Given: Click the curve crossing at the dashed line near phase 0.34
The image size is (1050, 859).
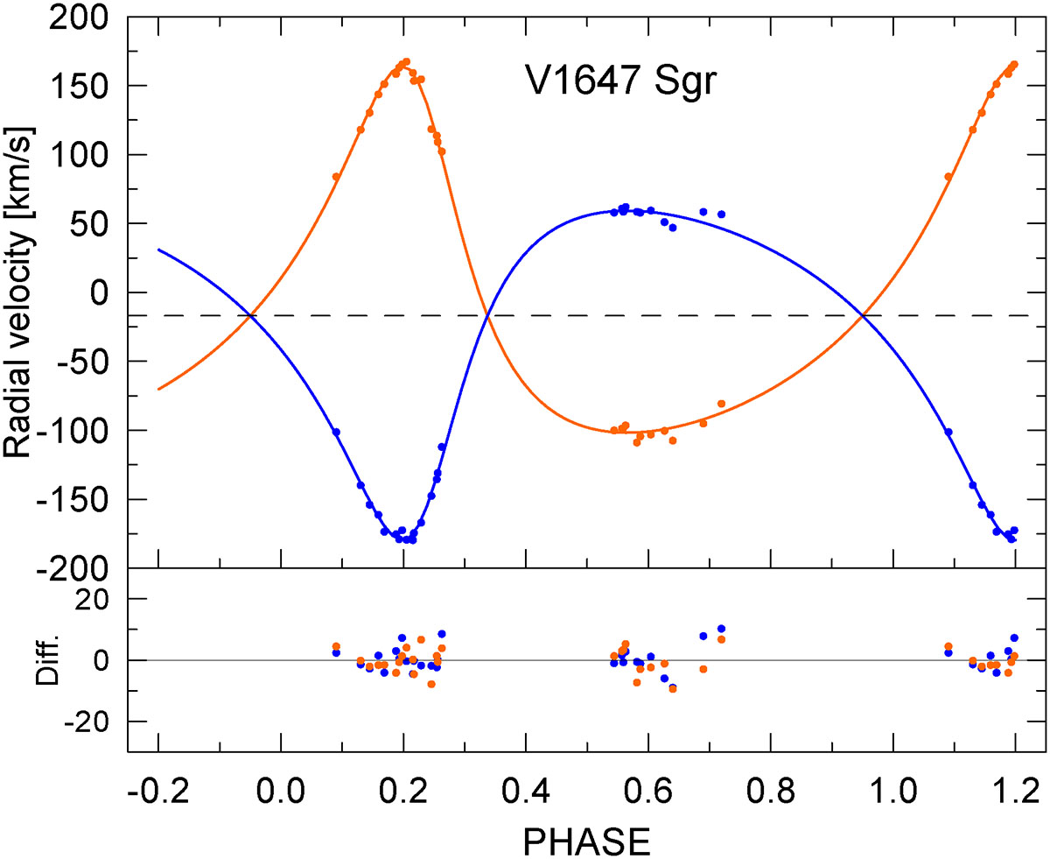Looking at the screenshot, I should pos(488,315).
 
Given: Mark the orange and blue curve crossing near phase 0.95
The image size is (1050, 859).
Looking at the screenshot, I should pos(863,315).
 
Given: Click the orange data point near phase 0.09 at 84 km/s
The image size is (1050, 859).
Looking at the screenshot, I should pos(336,177).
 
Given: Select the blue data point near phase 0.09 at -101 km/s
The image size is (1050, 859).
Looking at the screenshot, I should pos(336,432).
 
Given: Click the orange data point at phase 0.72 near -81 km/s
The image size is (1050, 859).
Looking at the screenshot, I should pos(721,404).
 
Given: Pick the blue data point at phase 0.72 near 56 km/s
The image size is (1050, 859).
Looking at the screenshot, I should pos(721,215).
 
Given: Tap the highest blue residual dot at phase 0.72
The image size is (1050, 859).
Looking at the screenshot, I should pos(721,629).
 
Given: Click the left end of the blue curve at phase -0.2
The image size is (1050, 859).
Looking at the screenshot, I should pos(159,250).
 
